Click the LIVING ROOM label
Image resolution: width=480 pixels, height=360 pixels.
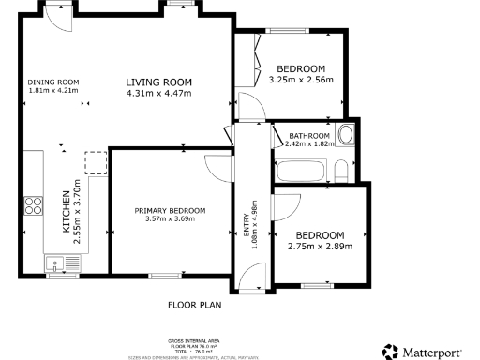(x=159, y=82)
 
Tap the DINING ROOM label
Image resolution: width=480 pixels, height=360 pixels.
(x=53, y=82)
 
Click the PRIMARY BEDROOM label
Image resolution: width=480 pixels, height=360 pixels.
(x=169, y=210)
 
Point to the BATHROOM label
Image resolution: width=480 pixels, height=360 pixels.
(x=307, y=135)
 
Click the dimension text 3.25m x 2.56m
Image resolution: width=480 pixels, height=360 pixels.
(x=300, y=81)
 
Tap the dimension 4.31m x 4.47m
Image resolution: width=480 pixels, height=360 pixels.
(x=159, y=92)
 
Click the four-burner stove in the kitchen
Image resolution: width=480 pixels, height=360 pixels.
(x=33, y=205)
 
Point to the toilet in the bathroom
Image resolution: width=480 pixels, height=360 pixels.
(x=341, y=170)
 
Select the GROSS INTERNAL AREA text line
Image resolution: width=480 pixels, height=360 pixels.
(x=193, y=341)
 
